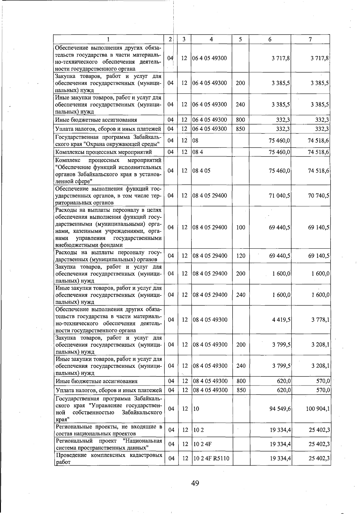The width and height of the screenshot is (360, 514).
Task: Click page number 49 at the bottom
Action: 195,483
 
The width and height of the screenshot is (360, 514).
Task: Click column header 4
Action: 211,39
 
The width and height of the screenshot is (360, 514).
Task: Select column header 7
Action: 310,39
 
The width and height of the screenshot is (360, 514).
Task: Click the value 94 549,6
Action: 280,409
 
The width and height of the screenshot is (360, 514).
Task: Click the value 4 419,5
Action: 281,320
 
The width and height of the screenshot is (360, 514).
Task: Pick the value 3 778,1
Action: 320,320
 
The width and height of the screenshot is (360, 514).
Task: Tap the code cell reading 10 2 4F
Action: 202,444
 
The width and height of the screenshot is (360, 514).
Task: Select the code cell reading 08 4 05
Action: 201,171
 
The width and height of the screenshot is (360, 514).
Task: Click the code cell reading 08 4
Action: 198,152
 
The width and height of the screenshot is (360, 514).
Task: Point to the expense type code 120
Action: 241,256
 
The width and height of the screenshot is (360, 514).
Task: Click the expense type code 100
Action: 241,228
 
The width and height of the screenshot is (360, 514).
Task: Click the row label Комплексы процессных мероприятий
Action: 103,152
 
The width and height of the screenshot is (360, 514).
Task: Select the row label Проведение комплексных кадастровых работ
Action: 109,458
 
